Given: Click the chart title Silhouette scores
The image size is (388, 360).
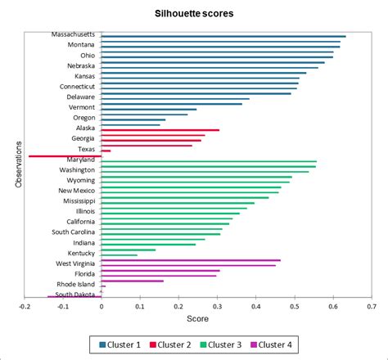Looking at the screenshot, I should [x=193, y=15].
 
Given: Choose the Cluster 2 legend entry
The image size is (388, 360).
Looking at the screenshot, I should [x=174, y=344].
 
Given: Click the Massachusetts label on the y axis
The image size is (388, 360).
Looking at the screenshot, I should [x=73, y=34].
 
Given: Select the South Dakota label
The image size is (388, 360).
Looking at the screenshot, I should [x=74, y=295].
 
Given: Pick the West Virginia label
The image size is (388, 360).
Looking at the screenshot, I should [x=74, y=263].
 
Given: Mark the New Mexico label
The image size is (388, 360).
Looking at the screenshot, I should [x=77, y=191].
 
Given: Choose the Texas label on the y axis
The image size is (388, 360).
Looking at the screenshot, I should [x=85, y=149].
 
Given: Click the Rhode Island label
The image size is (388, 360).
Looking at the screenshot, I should [x=76, y=284].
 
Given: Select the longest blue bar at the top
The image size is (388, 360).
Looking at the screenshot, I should [x=223, y=36].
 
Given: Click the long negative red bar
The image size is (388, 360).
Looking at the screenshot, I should [x=65, y=155].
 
